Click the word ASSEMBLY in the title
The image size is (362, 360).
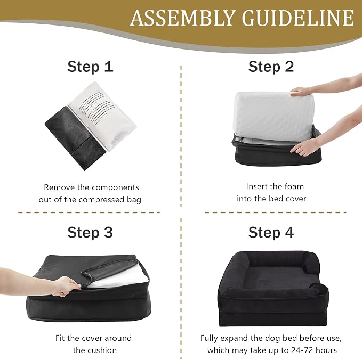click(x=183, y=18)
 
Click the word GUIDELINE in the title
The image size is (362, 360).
click(x=298, y=18)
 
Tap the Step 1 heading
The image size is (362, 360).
click(x=90, y=67)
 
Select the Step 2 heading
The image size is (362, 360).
click(x=271, y=67)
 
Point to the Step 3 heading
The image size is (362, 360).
click(x=90, y=232)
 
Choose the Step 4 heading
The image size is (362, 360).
click(x=271, y=232)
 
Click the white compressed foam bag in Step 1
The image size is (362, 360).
click(x=103, y=116)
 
